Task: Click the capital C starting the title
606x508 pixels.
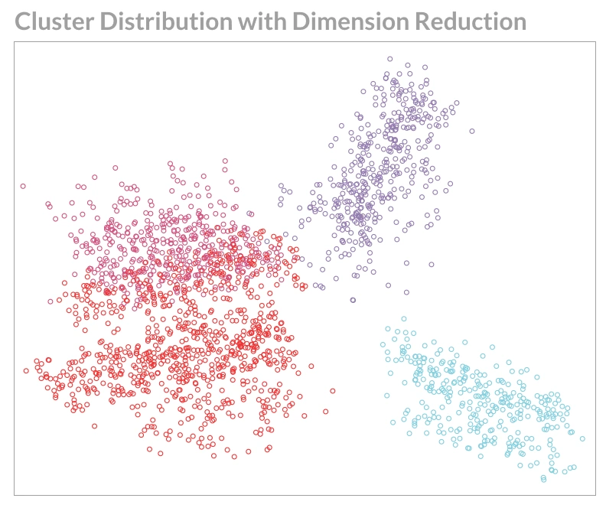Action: (x=24, y=21)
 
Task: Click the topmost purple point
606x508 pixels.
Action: (x=389, y=58)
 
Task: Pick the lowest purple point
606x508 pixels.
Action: (x=353, y=300)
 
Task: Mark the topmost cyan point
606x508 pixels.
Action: (x=403, y=319)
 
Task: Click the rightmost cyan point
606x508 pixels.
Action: (x=582, y=438)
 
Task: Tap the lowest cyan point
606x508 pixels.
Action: (x=544, y=480)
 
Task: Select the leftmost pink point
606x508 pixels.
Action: (x=23, y=186)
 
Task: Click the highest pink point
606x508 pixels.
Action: (x=225, y=161)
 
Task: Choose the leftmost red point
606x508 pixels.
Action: (x=26, y=370)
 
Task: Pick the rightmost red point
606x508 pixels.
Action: (x=333, y=391)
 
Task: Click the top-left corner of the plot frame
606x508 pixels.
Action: (x=15, y=42)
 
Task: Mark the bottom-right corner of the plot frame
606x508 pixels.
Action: (x=595, y=495)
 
